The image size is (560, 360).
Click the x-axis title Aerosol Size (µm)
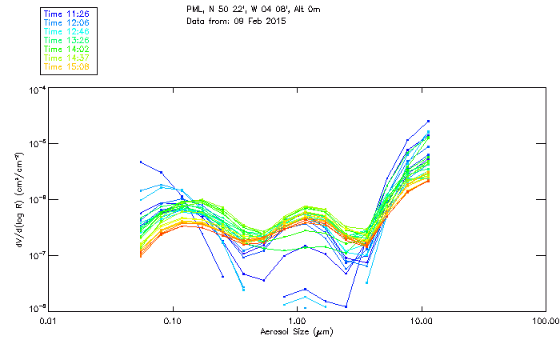point(296,331)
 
